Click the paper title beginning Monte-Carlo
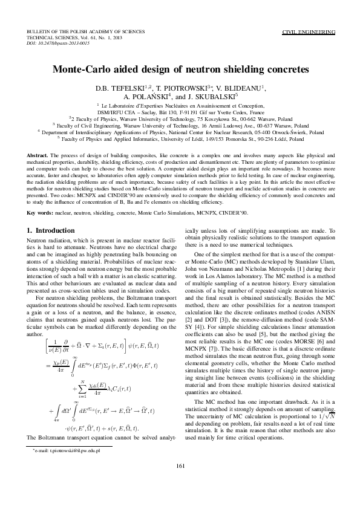tap(180, 70)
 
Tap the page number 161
tap(180, 482)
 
